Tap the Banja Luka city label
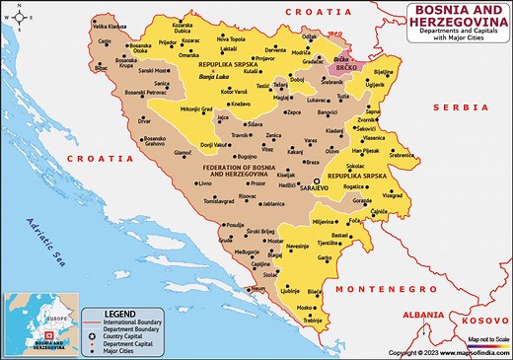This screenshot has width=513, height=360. click(x=214, y=76)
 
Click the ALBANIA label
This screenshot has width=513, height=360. click(x=430, y=313)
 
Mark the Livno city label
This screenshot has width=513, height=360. click(x=205, y=184)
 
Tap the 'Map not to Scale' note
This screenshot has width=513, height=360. click(x=487, y=339)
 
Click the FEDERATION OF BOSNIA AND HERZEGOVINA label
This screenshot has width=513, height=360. click(x=246, y=170)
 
